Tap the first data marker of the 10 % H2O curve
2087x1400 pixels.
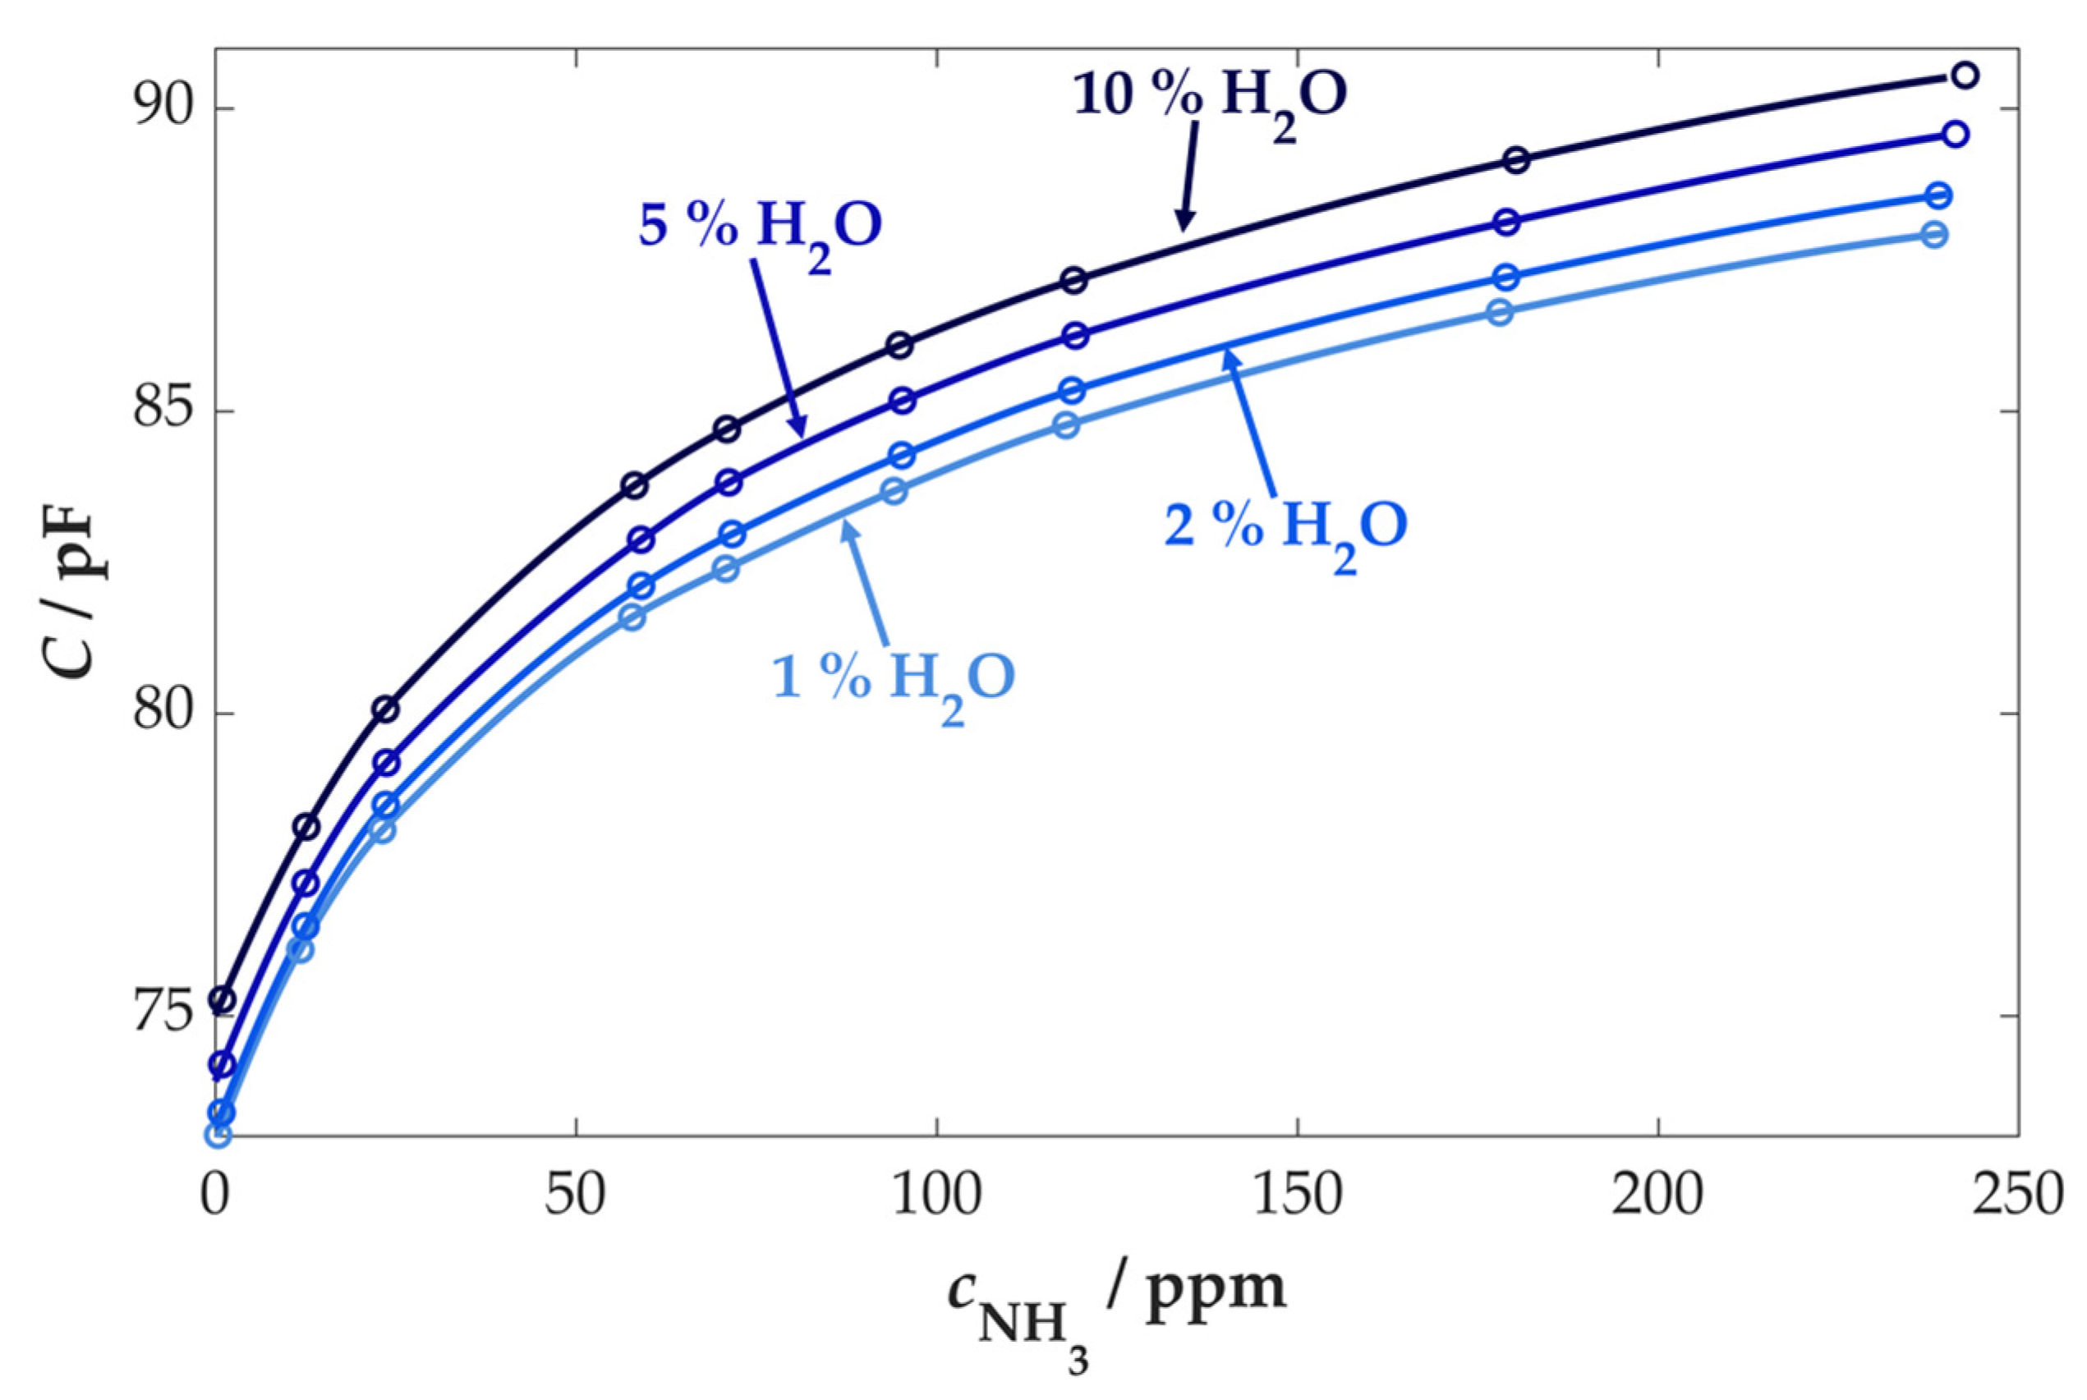tap(222, 1001)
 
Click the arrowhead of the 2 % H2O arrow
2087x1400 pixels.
tap(1229, 355)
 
